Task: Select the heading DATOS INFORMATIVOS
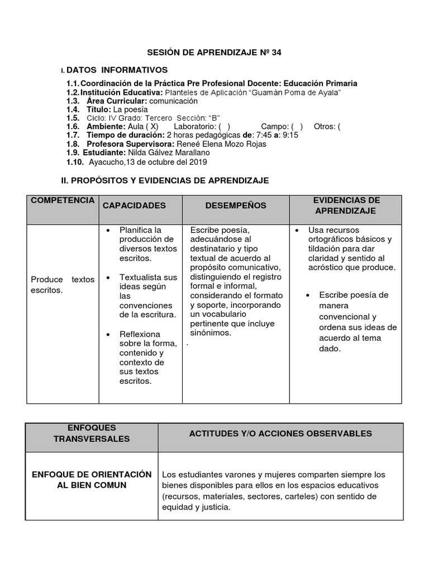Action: (x=117, y=70)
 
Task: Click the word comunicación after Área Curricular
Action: (x=174, y=101)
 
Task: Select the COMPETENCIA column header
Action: (x=63, y=201)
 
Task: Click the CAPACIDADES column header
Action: (x=134, y=206)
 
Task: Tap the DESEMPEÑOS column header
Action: (x=236, y=206)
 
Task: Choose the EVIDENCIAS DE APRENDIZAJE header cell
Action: (x=346, y=206)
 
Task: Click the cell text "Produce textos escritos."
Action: (x=63, y=285)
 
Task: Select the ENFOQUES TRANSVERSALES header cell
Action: (x=92, y=433)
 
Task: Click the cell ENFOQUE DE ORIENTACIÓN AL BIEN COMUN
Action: (x=92, y=479)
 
